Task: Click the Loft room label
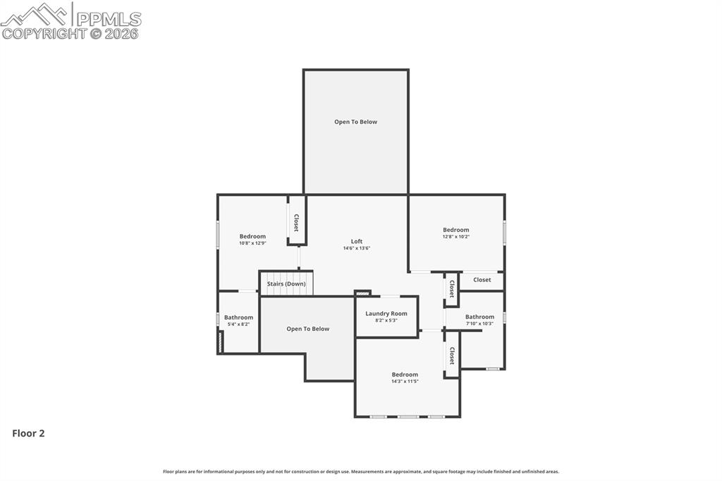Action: click(357, 241)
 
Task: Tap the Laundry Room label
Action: click(386, 313)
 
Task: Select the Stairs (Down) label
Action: click(286, 284)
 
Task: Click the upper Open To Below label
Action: click(355, 122)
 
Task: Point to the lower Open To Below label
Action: click(307, 329)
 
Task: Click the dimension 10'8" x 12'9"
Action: click(252, 243)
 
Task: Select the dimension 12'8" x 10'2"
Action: click(455, 236)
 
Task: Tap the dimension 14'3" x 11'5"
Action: click(405, 382)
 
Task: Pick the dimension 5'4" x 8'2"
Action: click(238, 324)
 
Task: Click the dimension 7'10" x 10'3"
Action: click(479, 324)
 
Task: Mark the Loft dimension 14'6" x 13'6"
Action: click(357, 248)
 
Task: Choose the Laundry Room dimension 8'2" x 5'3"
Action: click(386, 320)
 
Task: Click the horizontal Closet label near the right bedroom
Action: click(482, 280)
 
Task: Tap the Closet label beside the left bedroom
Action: click(296, 223)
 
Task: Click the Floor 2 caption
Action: click(28, 434)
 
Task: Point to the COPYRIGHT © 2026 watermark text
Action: click(71, 33)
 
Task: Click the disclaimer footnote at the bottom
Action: click(361, 471)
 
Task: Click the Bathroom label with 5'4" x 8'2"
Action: click(238, 317)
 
